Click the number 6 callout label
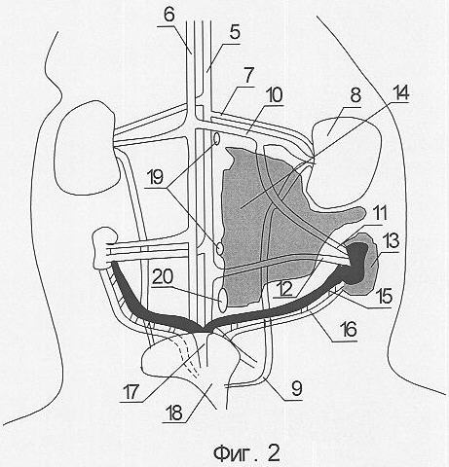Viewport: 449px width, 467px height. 169,15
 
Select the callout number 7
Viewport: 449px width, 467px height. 248,75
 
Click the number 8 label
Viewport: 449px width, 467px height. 355,95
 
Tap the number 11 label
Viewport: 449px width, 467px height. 378,214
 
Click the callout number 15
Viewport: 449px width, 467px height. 382,298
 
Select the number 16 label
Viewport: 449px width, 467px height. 347,330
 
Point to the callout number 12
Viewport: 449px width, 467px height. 285,288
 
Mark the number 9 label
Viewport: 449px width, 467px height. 296,389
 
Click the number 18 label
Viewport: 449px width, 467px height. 175,413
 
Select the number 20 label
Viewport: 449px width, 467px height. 164,277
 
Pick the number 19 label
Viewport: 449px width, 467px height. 156,177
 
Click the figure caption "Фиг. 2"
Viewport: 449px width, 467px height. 246,453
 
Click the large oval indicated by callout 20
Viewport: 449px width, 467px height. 223,300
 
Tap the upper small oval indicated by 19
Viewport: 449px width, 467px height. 217,139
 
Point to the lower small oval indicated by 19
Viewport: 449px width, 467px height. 220,249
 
